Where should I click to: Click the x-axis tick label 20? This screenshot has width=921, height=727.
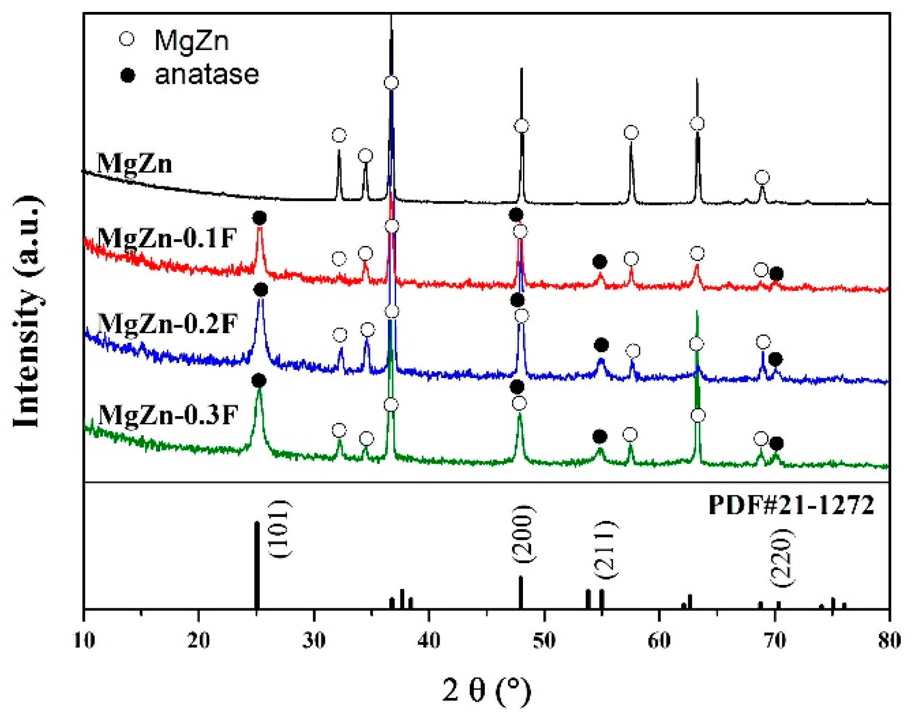coord(198,640)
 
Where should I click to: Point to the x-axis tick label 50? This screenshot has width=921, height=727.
coord(544,640)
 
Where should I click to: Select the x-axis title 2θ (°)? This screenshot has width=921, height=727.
coord(487,691)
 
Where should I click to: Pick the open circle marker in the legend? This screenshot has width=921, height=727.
coord(127,39)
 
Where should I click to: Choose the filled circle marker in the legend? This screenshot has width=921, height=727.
coord(127,75)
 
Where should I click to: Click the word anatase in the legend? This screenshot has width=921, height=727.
coord(206,74)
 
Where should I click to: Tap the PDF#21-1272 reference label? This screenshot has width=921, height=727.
coord(791,505)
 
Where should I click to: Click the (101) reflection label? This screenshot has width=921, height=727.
coord(279,529)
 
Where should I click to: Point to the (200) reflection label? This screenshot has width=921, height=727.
coord(524,533)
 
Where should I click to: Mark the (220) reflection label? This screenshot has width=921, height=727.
coord(782,558)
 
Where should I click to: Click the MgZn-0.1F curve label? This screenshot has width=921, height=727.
coord(167,238)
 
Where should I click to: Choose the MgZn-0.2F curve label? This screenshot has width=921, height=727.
coord(168,324)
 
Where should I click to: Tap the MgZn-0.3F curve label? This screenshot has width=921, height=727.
coord(168,414)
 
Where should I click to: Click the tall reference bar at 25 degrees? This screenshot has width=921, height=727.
coord(256,565)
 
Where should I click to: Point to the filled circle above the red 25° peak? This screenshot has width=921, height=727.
coord(259,218)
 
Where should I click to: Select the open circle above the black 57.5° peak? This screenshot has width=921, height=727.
coord(631,133)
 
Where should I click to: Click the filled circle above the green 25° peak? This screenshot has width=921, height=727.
coord(259,381)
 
